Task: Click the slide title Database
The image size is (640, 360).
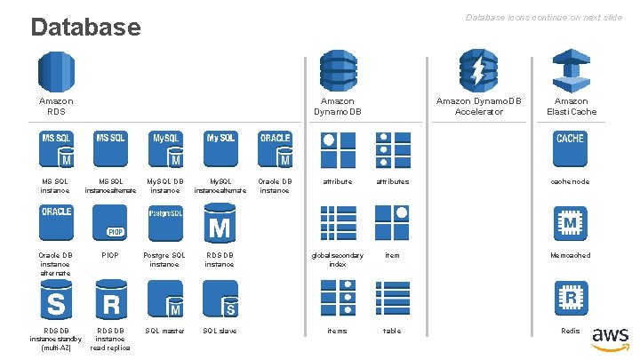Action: [85, 27]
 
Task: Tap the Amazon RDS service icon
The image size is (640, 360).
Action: [55, 71]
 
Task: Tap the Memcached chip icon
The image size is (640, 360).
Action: [570, 223]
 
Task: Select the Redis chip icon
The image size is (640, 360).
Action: [570, 298]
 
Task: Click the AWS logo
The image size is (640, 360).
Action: [611, 338]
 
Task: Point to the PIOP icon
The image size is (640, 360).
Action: [110, 223]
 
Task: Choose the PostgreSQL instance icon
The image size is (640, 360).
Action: [164, 223]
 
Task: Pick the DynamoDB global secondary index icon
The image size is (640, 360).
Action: [338, 223]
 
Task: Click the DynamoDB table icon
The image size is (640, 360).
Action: [392, 298]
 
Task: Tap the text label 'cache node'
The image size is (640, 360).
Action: [570, 181]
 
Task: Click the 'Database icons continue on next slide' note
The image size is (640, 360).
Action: [544, 18]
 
